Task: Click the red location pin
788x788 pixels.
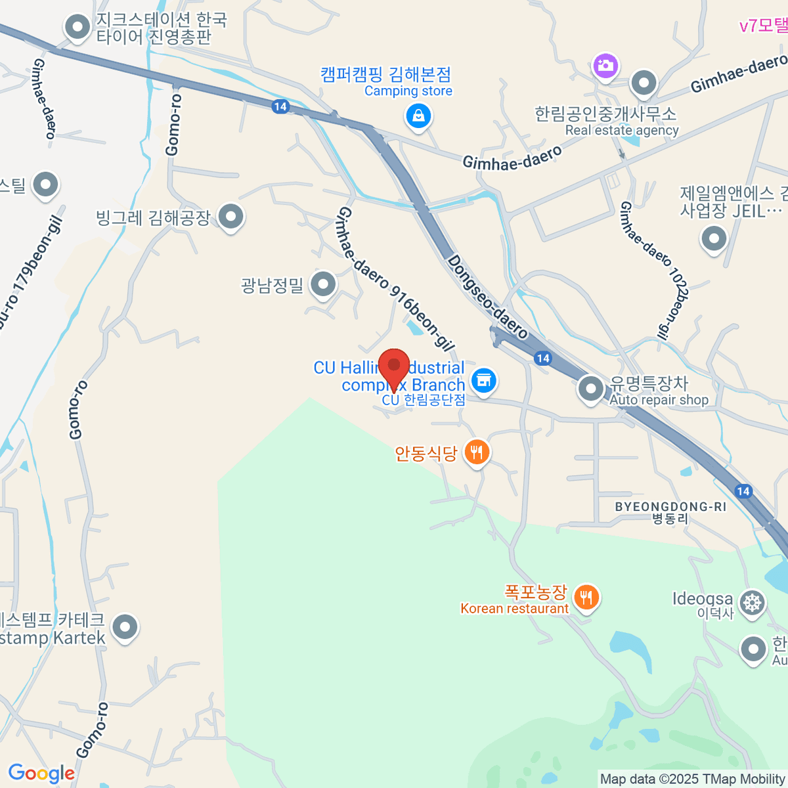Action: click(394, 367)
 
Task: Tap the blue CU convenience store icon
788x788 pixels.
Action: click(484, 382)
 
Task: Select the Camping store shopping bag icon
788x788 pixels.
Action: click(418, 117)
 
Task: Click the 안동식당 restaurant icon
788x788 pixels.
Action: click(477, 452)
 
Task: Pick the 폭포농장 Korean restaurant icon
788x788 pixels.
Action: click(586, 598)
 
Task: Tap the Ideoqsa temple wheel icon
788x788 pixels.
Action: click(752, 603)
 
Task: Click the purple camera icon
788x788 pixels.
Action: click(605, 65)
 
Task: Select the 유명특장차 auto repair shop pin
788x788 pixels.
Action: click(591, 389)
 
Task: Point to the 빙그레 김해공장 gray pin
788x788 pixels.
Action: click(230, 216)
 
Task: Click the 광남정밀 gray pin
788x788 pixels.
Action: click(322, 285)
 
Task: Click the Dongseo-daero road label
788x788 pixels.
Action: click(487, 297)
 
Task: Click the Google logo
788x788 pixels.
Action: click(41, 774)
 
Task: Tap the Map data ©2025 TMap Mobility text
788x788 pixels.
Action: click(692, 779)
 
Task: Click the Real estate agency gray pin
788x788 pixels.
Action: click(644, 83)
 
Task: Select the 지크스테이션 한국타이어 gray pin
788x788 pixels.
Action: click(78, 28)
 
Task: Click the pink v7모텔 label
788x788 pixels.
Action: click(763, 26)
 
